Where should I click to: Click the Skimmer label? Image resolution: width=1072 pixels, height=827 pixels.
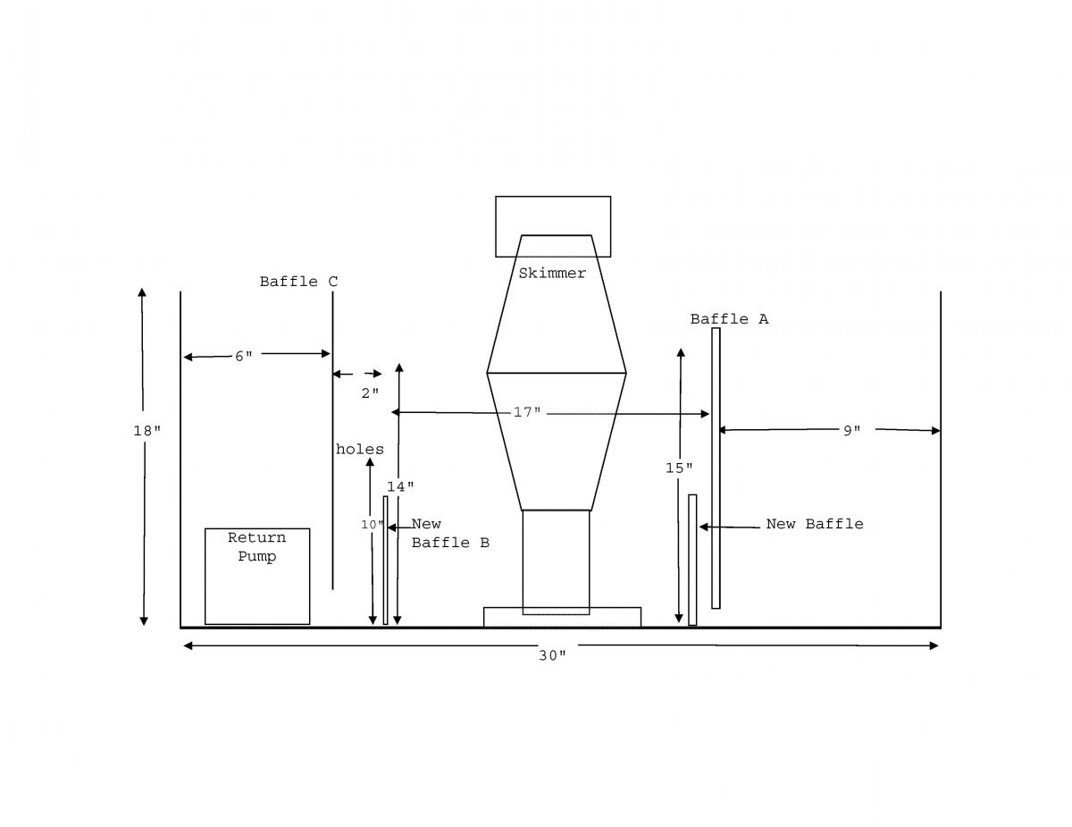(551, 273)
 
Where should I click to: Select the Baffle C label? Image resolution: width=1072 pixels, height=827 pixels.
(298, 282)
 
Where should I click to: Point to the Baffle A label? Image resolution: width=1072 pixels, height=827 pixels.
(729, 319)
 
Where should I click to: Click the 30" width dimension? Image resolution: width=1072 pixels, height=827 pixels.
(551, 655)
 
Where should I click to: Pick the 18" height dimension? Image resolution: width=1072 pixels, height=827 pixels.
(147, 431)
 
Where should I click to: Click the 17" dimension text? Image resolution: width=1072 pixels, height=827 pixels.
(527, 412)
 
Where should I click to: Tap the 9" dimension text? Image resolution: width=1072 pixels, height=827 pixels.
(851, 431)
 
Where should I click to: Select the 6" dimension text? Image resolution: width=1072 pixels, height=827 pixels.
(244, 356)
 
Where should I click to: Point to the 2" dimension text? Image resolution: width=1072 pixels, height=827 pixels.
(370, 393)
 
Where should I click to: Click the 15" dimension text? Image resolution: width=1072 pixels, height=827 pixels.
(679, 468)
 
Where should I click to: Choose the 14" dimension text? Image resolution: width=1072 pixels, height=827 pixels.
(400, 486)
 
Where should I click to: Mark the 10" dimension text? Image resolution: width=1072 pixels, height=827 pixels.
(372, 524)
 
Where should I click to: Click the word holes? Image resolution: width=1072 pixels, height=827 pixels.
(360, 450)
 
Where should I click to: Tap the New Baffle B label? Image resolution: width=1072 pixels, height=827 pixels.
(450, 533)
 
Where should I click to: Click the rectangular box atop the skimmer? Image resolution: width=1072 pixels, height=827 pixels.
(553, 226)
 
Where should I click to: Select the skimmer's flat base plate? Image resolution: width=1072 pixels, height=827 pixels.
(563, 617)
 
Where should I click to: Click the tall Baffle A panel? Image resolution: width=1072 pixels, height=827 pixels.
(716, 468)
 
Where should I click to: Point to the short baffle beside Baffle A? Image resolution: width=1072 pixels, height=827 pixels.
(692, 560)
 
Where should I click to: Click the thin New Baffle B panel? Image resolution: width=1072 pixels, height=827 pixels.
(385, 561)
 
